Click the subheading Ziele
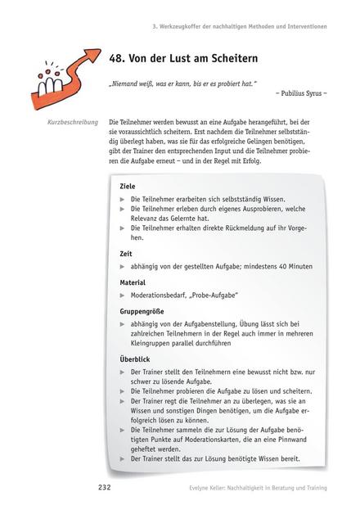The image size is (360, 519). pyautogui.click(x=128, y=186)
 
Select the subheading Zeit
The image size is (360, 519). pyautogui.click(x=126, y=254)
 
